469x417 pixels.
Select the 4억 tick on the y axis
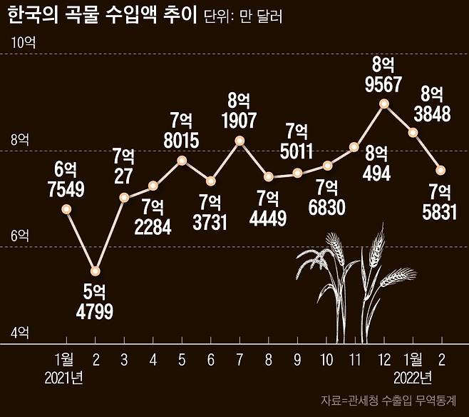[x=20, y=332]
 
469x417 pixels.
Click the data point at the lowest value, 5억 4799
[x=96, y=271]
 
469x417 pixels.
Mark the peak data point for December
[x=384, y=104]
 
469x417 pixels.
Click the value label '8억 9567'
[x=384, y=74]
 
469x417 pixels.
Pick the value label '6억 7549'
[x=65, y=179]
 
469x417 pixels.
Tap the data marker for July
[x=239, y=141]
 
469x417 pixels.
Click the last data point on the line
[x=441, y=170]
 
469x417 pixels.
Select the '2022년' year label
[x=413, y=376]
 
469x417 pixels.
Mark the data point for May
[x=182, y=161]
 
